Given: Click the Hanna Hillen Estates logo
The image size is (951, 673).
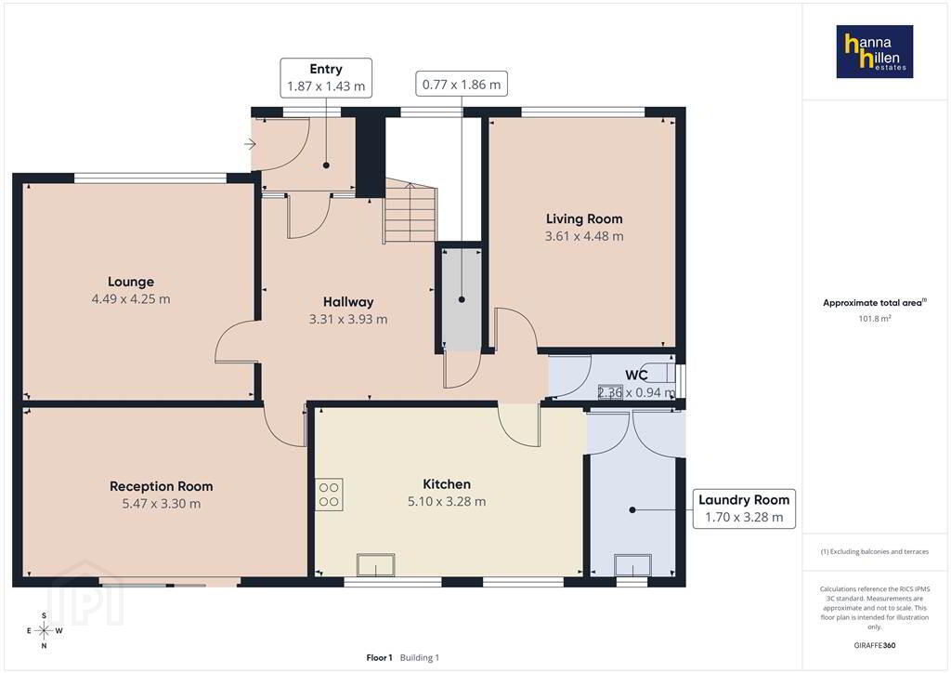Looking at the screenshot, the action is (875, 51).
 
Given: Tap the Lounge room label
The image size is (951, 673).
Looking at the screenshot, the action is (131, 282).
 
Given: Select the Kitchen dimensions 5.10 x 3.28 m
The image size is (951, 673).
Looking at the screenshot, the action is (447, 501).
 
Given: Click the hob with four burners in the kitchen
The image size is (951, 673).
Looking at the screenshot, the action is (329, 494).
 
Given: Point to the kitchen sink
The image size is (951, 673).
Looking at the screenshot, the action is (376, 565).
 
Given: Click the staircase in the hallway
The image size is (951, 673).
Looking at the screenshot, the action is (410, 210).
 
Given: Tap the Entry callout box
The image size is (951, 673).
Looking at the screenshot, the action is (326, 78).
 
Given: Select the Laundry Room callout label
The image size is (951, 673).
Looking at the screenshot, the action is (744, 508).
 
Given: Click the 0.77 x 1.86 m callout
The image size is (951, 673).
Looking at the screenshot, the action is (462, 85).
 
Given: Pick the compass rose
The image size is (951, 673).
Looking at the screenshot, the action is (45, 630).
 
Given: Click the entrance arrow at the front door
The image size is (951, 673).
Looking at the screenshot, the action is (251, 144).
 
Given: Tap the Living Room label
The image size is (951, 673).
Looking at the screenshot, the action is (584, 219).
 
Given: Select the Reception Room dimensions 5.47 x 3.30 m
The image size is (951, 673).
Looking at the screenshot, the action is (162, 503).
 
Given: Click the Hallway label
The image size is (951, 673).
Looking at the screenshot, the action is (348, 301).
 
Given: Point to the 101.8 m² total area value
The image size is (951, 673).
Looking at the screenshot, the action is (875, 318).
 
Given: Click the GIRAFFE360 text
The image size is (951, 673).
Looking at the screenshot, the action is (875, 645).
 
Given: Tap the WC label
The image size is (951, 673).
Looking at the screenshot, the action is (637, 375).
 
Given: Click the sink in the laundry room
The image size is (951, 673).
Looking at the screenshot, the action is (633, 565).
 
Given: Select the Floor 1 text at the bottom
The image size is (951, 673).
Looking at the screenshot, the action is (379, 658).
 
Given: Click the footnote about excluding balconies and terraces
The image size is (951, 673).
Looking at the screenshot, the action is (875, 551).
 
